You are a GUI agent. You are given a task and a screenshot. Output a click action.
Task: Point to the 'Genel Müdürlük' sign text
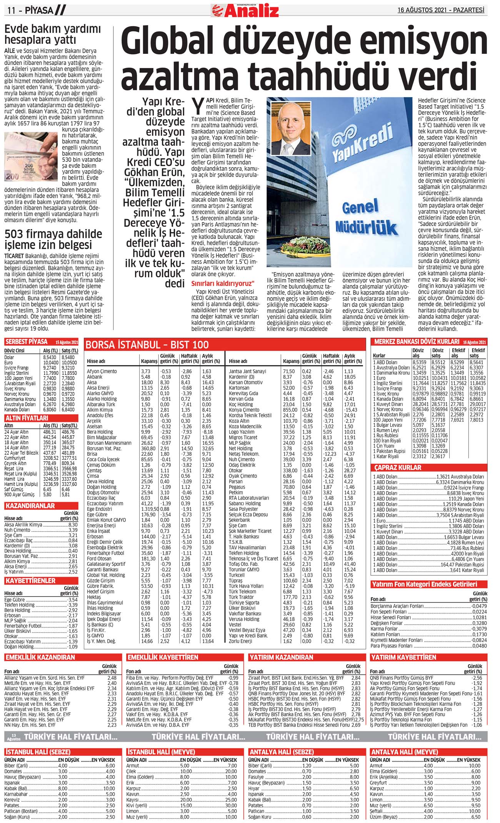365,218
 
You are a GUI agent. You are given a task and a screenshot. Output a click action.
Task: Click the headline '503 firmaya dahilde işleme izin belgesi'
53,239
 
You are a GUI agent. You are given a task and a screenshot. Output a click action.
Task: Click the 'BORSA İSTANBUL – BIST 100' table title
147,344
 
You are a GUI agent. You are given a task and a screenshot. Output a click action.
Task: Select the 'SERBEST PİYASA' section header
27,342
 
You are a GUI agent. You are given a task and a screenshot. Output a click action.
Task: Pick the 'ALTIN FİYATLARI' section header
27,418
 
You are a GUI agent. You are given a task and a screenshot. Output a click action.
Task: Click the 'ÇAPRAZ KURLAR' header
398,467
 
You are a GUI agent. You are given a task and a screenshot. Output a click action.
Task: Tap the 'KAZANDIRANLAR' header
30,506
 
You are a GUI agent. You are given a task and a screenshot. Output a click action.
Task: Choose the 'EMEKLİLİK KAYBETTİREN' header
163,657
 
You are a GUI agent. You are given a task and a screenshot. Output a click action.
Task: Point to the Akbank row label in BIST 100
95,377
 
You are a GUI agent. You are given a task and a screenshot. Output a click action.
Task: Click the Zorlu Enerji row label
240,641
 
